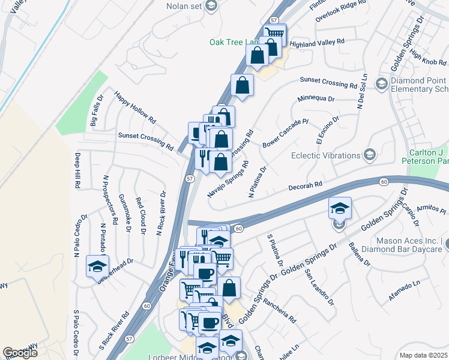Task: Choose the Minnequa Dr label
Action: tap(315, 98)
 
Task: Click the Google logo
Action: tap(20, 353)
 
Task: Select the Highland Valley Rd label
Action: tap(316, 43)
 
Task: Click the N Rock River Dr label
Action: tap(160, 212)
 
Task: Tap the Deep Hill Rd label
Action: tap(77, 171)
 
